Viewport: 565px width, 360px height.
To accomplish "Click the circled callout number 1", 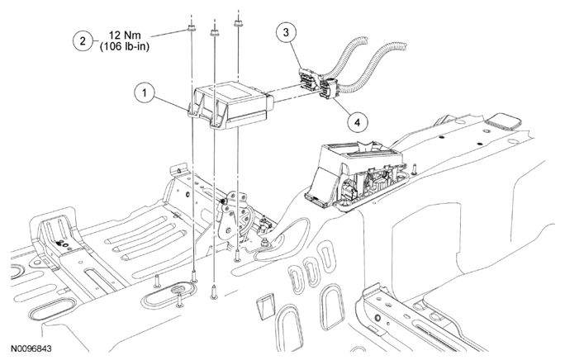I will pos(144,93).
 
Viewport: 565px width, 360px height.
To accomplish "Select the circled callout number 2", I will pos(82,40).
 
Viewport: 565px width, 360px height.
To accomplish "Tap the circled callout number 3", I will pos(285,32).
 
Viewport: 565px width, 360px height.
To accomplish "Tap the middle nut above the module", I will pos(215,32).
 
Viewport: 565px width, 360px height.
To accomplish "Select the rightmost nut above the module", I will pos(239,26).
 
